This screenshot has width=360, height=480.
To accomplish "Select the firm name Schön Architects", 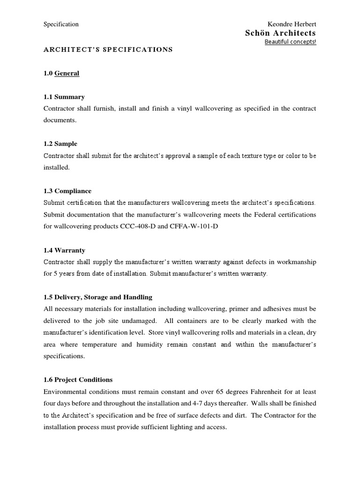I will [x=280, y=33].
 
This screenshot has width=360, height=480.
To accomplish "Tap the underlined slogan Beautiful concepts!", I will [x=290, y=42].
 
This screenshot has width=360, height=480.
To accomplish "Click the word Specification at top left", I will [x=61, y=24].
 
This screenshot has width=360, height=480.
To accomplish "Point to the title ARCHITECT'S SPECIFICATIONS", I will [x=108, y=49].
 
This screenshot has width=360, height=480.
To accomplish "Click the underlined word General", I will [x=67, y=73].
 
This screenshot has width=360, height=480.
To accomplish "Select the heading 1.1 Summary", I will [x=64, y=97].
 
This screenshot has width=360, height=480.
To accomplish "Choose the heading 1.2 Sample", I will [x=60, y=144].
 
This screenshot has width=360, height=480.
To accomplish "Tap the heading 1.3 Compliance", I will [x=67, y=191].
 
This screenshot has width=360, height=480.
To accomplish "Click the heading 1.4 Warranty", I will [x=65, y=250].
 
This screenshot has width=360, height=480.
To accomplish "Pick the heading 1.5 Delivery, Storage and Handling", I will [x=98, y=297].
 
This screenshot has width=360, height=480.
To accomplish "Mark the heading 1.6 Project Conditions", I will [x=78, y=380].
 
